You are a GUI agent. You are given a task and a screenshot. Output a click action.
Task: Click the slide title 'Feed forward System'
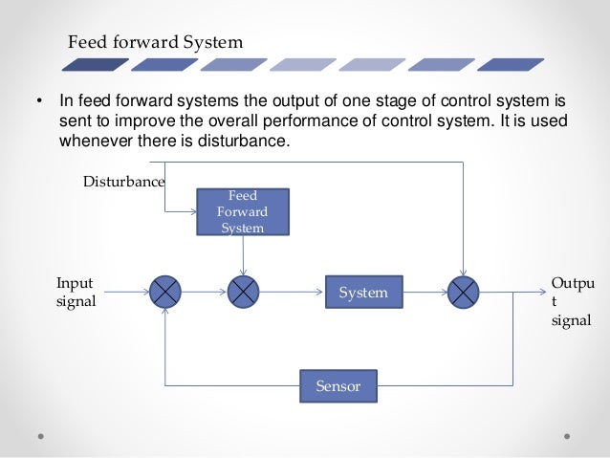(x=155, y=43)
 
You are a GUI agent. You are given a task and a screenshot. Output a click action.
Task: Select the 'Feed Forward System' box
(x=243, y=211)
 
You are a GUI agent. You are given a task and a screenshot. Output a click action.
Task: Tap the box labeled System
(x=363, y=293)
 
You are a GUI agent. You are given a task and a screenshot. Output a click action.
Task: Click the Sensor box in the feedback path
(x=337, y=385)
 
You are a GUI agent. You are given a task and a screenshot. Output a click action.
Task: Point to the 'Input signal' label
(x=76, y=293)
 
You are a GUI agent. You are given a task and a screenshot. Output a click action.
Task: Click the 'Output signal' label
(x=572, y=301)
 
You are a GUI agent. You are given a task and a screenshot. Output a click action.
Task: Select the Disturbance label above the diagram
(x=123, y=181)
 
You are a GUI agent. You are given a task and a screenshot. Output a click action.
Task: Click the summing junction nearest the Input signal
(x=165, y=292)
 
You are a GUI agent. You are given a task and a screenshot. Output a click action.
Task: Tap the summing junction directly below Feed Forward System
(x=244, y=292)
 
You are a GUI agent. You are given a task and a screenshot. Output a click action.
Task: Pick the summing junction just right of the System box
(x=464, y=292)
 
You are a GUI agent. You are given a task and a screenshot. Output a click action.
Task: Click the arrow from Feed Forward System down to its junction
(x=244, y=255)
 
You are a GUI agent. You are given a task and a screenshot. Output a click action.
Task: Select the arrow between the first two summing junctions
(x=205, y=292)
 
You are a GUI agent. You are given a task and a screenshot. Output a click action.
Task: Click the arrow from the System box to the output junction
(x=425, y=292)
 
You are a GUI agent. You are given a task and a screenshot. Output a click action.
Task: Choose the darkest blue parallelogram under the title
(x=95, y=65)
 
